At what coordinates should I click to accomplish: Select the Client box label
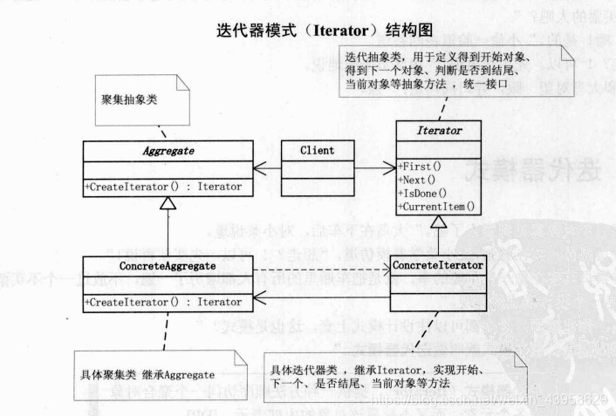[315, 150]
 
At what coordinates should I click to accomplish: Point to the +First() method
[420, 165]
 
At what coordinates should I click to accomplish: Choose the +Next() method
[417, 179]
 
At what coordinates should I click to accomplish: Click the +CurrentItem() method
[436, 207]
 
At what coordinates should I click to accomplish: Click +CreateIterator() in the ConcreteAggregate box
[164, 302]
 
